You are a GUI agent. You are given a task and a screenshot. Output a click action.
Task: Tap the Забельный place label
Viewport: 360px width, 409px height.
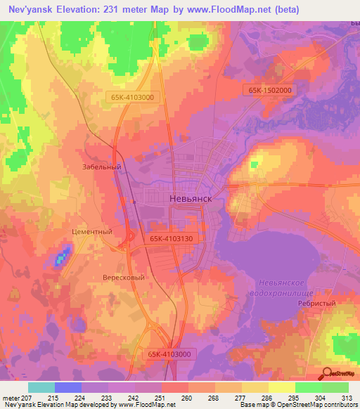point(102,167)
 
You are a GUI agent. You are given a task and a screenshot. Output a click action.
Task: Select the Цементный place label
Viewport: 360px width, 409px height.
point(93,231)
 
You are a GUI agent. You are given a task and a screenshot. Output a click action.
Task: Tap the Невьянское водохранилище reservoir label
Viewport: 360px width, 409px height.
point(283,287)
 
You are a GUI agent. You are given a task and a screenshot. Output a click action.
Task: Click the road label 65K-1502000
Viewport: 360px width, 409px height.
point(269,90)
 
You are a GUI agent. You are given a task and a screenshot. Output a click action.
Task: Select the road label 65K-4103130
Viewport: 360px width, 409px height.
point(171,239)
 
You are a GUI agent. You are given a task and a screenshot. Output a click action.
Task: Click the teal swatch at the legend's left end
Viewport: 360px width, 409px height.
point(41,387)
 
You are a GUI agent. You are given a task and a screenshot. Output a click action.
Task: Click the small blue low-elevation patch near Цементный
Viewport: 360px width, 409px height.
point(62,257)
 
